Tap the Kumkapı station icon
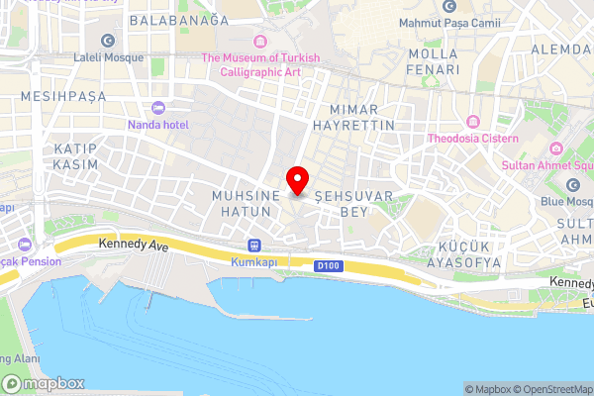tap(254, 246)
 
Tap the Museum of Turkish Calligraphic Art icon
tap(260, 41)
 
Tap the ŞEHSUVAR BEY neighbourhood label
tap(341, 204)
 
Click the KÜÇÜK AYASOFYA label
tap(464, 255)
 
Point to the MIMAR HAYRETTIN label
tap(352, 117)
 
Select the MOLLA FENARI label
tap(428, 60)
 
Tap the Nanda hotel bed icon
tap(157, 107)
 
